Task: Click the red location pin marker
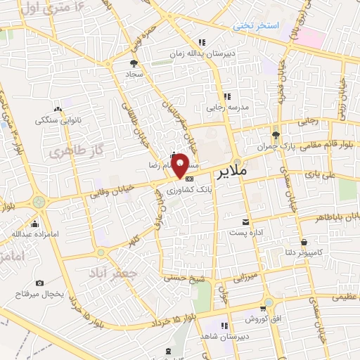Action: coord(180,165)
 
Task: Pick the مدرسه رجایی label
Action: coord(224,108)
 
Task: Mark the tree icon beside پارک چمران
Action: coord(276,134)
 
